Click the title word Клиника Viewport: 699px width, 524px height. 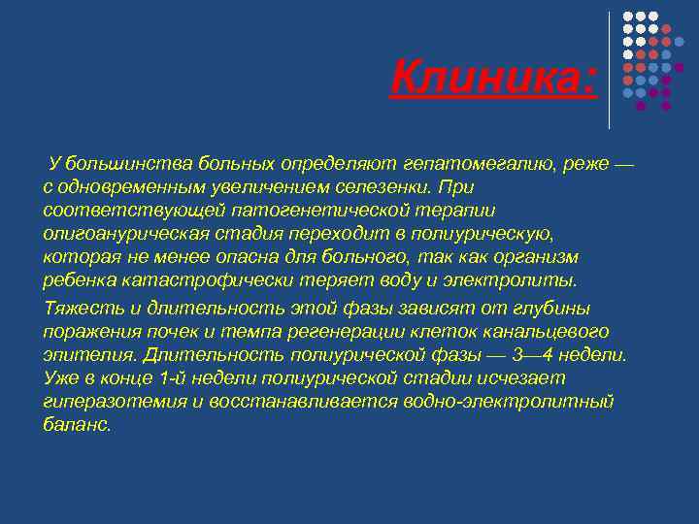pos(493,77)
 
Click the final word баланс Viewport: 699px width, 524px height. pos(77,425)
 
